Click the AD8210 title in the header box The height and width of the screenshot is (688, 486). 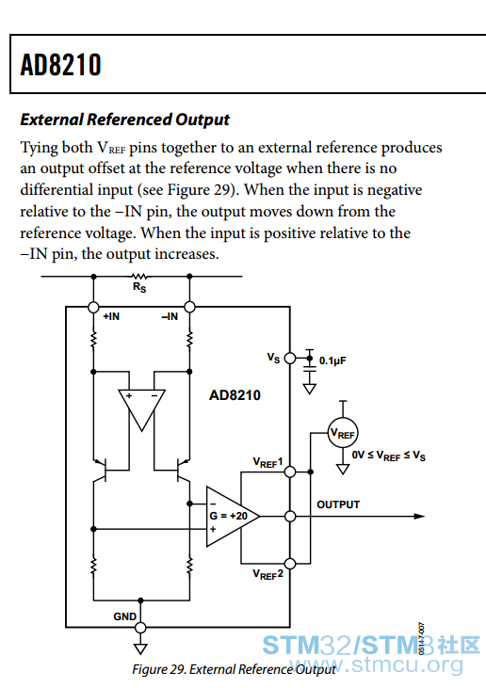click(60, 65)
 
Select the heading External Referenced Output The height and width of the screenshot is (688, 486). click(124, 120)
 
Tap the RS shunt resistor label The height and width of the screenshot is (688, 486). click(139, 287)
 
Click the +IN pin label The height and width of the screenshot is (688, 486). click(111, 316)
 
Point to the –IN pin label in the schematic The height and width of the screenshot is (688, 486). click(170, 316)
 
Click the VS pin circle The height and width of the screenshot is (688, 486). click(290, 359)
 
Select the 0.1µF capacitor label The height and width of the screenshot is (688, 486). click(332, 360)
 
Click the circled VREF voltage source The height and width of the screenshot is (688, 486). click(343, 434)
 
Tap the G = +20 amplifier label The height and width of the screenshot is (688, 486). click(228, 516)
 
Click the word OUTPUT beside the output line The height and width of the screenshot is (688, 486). click(338, 504)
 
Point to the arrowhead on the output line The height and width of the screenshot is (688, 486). click(419, 517)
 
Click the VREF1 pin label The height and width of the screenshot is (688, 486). click(267, 462)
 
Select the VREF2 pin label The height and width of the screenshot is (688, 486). click(267, 574)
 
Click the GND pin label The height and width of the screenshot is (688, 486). click(124, 616)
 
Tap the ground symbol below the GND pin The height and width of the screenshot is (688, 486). click(140, 648)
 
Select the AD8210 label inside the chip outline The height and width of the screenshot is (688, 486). click(235, 395)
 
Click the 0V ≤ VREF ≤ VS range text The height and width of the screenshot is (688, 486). click(389, 456)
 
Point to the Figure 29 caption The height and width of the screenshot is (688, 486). click(234, 669)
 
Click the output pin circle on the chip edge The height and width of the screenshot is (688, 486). click(290, 517)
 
